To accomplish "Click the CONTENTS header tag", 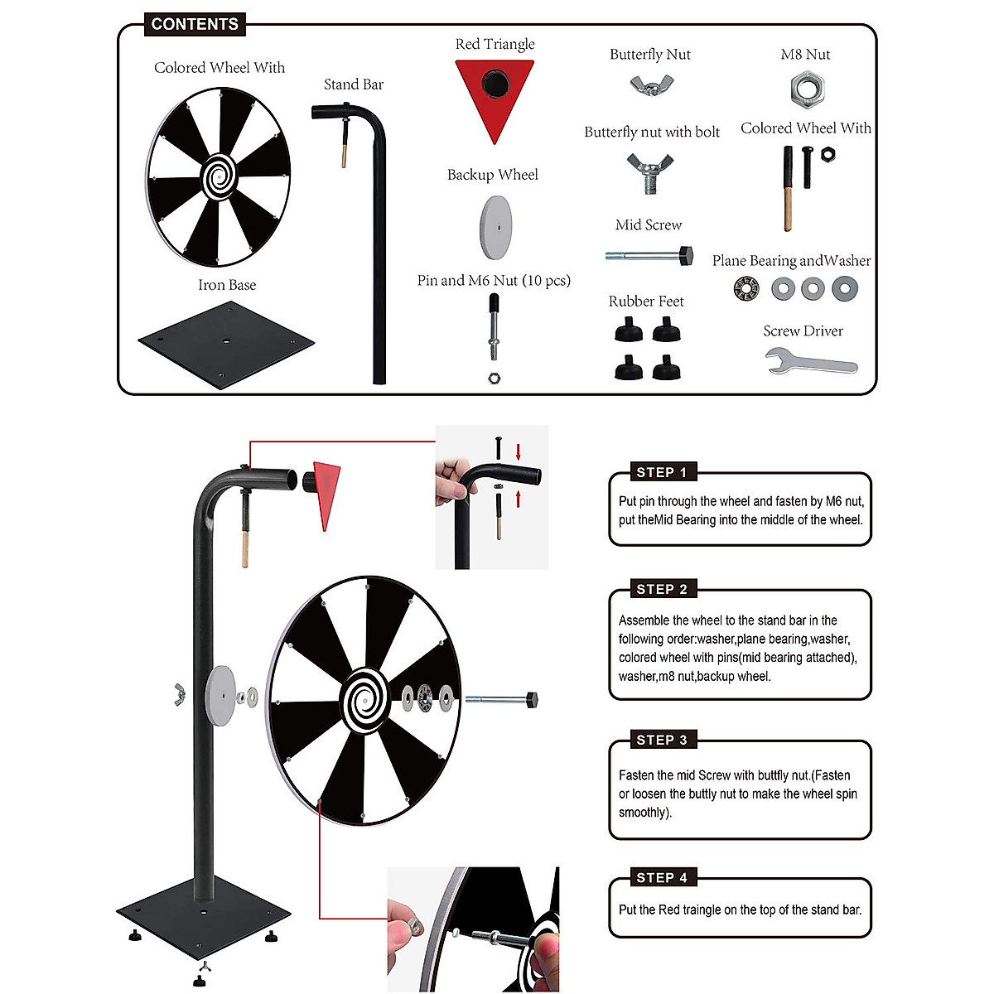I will pyautogui.click(x=195, y=24).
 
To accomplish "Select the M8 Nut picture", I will pyautogui.click(x=806, y=89).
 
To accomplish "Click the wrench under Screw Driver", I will pyautogui.click(x=810, y=363).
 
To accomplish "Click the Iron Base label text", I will pyautogui.click(x=227, y=285).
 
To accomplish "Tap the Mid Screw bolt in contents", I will pyautogui.click(x=649, y=255).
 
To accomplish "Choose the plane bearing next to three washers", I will pyautogui.click(x=746, y=288).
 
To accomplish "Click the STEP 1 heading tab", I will pyautogui.click(x=661, y=472).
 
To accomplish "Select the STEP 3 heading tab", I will pyautogui.click(x=661, y=740).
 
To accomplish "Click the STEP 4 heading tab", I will pyautogui.click(x=661, y=877).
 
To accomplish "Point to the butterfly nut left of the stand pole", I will pyautogui.click(x=177, y=696).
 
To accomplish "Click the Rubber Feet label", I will pyautogui.click(x=646, y=302).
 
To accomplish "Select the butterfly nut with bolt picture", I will pyautogui.click(x=650, y=173).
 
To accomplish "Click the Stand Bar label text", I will pyautogui.click(x=354, y=84).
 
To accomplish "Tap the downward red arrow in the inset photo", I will pyautogui.click(x=519, y=451).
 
